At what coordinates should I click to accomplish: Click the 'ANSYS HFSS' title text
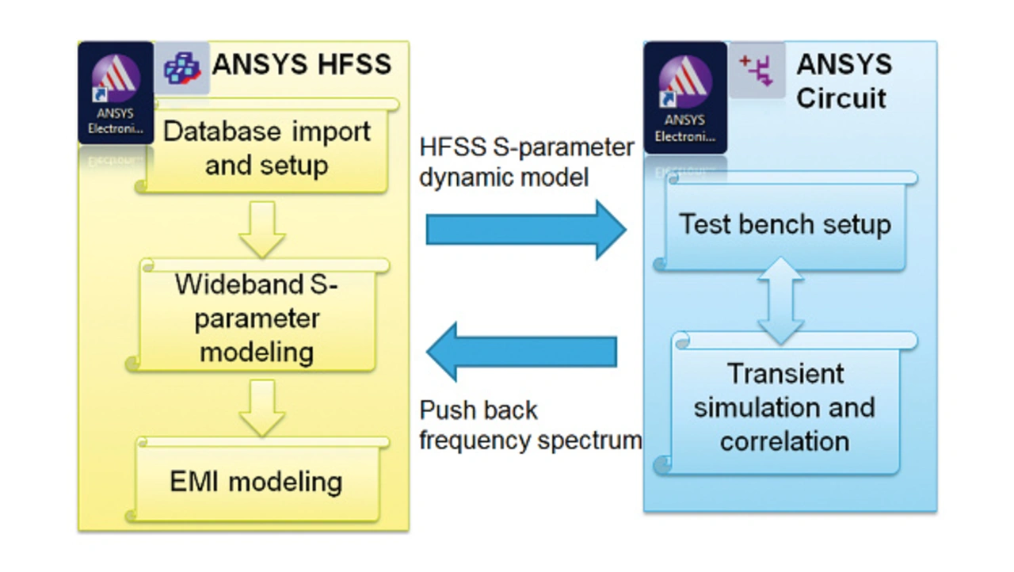[302, 64]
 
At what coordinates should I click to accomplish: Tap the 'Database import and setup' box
[267, 146]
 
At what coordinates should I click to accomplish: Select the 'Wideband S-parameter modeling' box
[257, 315]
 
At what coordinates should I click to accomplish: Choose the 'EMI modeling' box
[257, 479]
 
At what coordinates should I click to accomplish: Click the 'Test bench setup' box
[785, 222]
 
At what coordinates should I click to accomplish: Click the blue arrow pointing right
[526, 230]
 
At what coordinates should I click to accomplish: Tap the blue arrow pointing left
[521, 352]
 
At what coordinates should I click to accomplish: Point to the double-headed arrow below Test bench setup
[780, 300]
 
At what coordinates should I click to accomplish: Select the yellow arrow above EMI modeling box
[262, 408]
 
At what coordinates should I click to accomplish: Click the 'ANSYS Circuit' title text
[844, 82]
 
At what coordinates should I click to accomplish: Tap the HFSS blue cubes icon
[182, 68]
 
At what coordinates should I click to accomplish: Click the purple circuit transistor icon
[757, 71]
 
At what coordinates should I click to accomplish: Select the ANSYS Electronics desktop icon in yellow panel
[116, 93]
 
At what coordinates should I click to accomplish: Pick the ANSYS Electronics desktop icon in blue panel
[685, 97]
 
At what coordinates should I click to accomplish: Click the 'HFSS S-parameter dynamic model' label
[527, 162]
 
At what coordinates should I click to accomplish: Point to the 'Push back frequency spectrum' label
[530, 425]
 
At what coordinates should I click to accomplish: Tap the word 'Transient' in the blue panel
[785, 374]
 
